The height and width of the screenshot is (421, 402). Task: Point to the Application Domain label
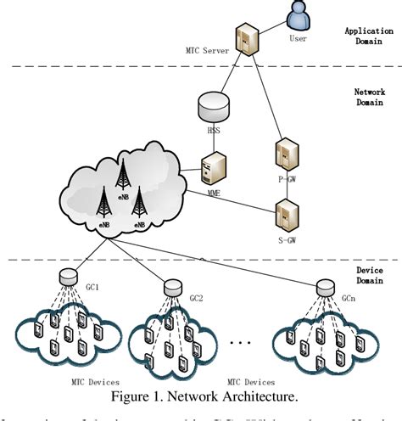(368, 35)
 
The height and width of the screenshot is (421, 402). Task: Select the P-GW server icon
(287, 155)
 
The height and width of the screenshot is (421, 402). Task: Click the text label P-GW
(287, 179)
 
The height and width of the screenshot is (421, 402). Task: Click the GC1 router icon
(64, 276)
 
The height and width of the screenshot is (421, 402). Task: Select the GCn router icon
(324, 288)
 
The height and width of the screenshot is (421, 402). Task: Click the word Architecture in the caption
(246, 396)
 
